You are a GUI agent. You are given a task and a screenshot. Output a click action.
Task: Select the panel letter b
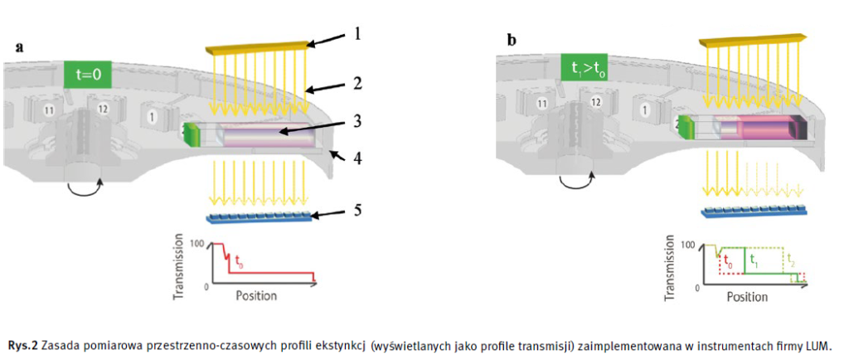click(511, 38)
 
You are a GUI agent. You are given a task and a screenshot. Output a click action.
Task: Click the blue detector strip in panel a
click(259, 218)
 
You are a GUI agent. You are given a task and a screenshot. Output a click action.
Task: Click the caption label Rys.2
click(22, 344)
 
